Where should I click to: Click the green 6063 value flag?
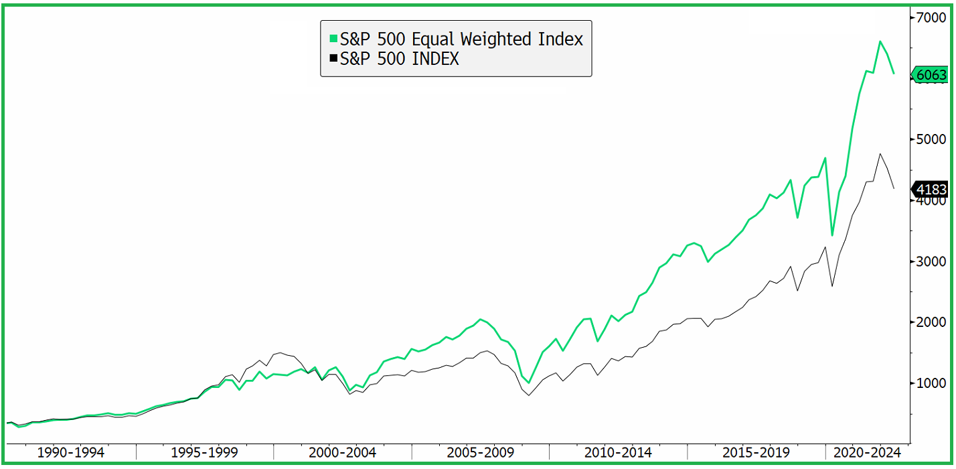[931, 75]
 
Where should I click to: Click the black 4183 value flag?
[931, 190]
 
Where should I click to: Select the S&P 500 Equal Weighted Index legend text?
[461, 39]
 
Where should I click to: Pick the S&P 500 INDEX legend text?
[399, 59]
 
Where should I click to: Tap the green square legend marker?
[333, 39]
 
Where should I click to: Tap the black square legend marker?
[333, 59]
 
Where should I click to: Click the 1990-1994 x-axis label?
[71, 452]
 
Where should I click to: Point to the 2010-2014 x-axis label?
[617, 452]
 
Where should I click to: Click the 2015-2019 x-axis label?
[754, 452]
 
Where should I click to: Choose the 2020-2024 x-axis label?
[866, 452]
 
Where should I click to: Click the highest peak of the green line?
[880, 42]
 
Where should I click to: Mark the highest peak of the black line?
[880, 153]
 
